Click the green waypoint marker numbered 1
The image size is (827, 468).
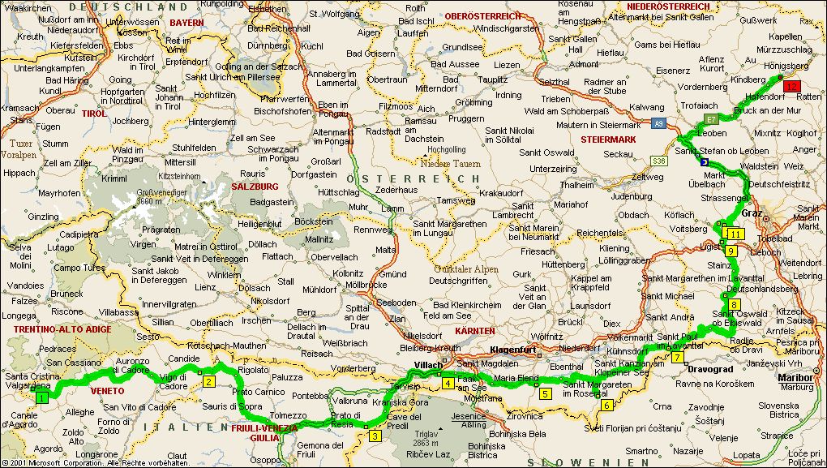pos(42,398)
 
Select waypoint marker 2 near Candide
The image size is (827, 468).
pos(208,382)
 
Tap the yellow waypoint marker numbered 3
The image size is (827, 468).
pos(375,436)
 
